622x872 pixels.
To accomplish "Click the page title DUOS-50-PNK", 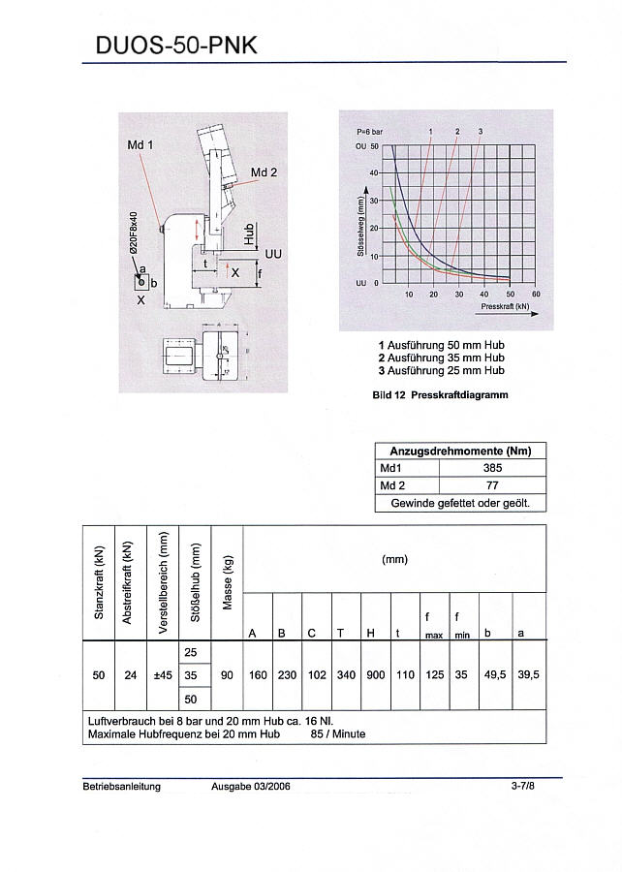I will tap(176, 45).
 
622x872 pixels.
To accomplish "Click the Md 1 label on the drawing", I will tap(140, 144).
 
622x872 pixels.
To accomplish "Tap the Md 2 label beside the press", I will tap(264, 172).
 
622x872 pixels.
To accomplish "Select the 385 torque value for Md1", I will tap(491, 467).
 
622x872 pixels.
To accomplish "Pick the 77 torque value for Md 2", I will tap(491, 485).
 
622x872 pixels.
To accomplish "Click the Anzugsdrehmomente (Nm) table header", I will tap(460, 451).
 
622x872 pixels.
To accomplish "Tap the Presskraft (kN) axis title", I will tap(505, 305).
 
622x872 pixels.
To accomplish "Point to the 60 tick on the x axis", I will tap(536, 294).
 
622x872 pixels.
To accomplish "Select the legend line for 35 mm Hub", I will tap(441, 358).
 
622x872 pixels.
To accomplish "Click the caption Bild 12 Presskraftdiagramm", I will tap(440, 395).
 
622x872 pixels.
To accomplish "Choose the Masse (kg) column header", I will tap(228, 582).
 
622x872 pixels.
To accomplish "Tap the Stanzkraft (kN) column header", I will tap(99, 582).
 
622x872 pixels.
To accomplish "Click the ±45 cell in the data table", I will tap(163, 675).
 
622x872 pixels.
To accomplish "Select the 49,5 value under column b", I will tap(493, 675).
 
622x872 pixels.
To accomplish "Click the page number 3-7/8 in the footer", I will tap(522, 787).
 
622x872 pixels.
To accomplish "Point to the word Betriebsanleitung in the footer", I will tap(122, 787).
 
